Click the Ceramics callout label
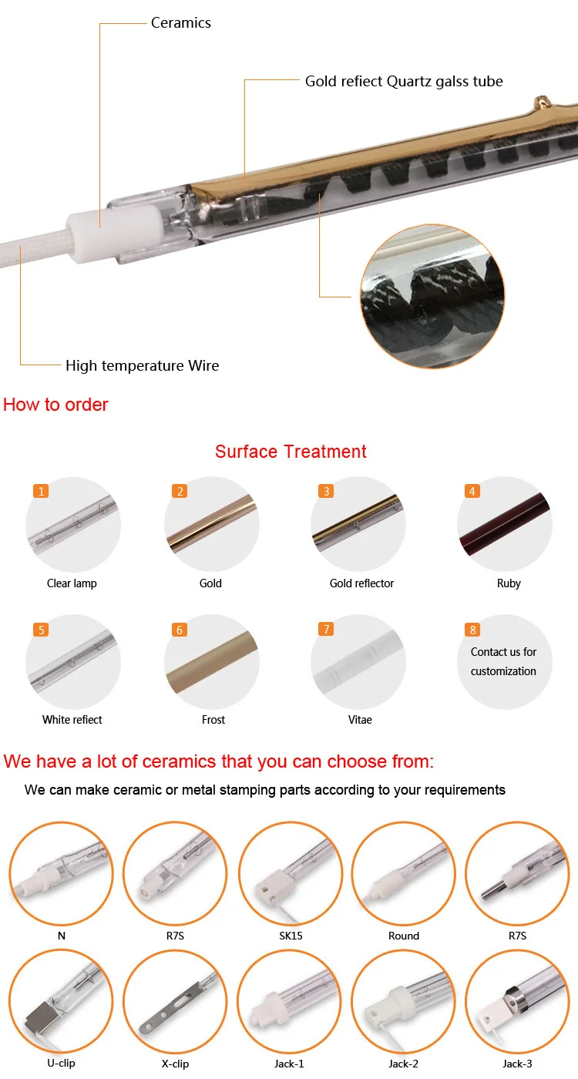click(180, 23)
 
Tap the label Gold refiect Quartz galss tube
click(404, 81)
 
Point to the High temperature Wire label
click(142, 366)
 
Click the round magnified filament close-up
click(432, 297)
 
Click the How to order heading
click(55, 405)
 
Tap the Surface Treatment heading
click(291, 452)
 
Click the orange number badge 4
click(473, 491)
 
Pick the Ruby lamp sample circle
click(505, 524)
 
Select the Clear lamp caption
click(72, 583)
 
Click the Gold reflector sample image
click(358, 524)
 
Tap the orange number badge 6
click(180, 630)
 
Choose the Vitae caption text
click(360, 720)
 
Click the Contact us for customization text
click(503, 661)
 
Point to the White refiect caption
click(72, 720)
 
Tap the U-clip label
click(61, 1064)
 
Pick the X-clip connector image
click(175, 1001)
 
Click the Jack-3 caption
click(517, 1064)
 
